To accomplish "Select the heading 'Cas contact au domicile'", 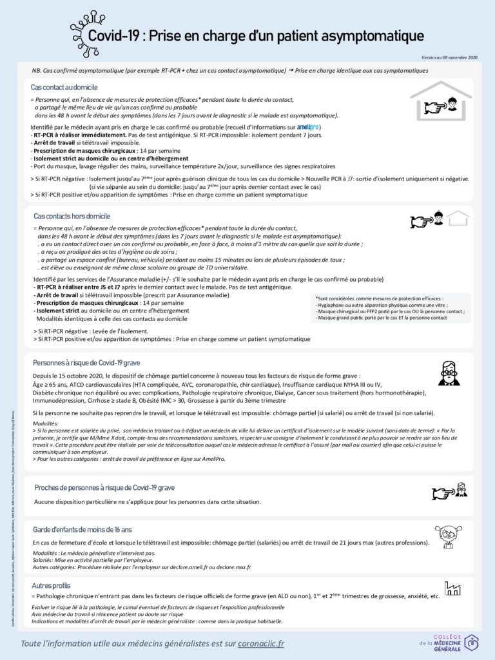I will click(64, 87).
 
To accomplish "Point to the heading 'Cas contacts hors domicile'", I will click(72, 216).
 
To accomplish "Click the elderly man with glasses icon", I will click(449, 373).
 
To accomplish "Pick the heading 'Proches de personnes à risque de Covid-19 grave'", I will click(104, 488).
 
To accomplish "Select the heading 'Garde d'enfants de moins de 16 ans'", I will click(82, 529).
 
